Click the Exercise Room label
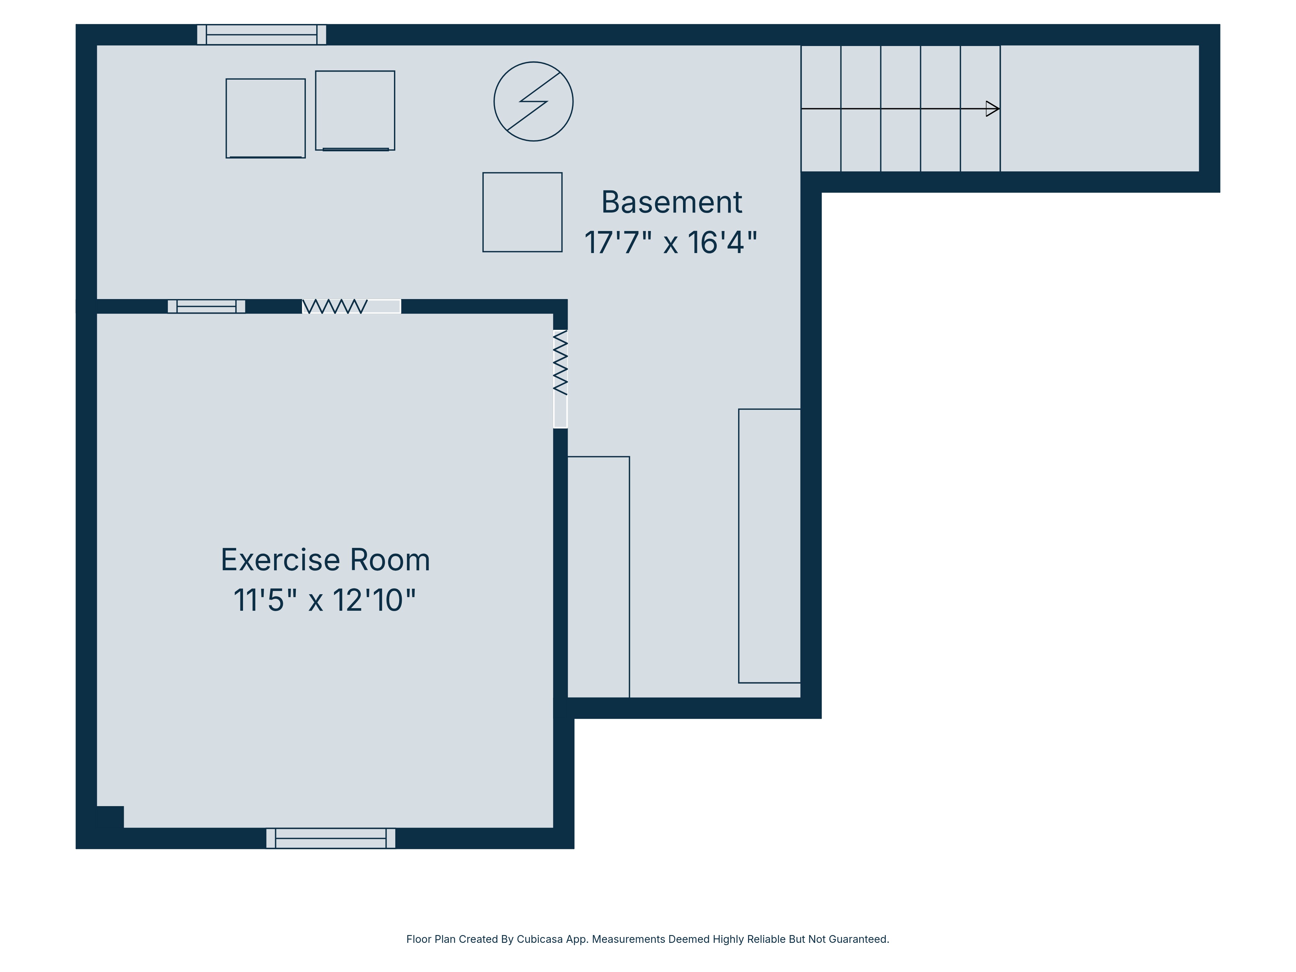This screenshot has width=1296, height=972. [x=325, y=560]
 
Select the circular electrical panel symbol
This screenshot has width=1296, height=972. [x=533, y=101]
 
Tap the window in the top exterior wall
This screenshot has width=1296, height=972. [x=261, y=35]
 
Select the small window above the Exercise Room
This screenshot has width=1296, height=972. [x=206, y=307]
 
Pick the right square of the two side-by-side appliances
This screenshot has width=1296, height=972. [x=355, y=110]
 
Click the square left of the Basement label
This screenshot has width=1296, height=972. [x=522, y=212]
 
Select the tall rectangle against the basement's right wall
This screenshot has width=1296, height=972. [x=769, y=546]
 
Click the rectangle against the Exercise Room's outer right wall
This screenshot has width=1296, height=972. [x=598, y=577]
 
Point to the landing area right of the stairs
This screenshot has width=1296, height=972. [x=1099, y=109]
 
